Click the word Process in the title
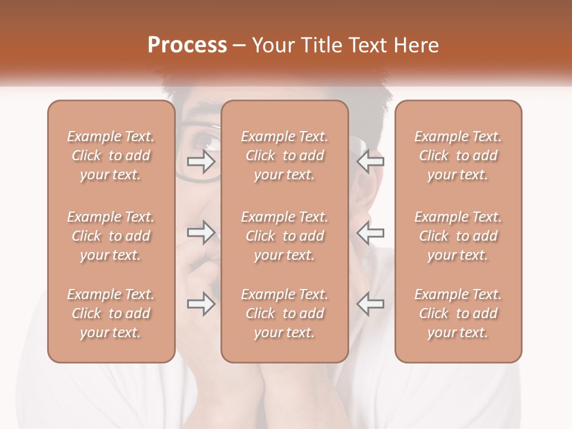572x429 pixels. click(187, 45)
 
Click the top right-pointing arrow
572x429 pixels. click(201, 161)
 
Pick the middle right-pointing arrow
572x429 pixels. click(201, 232)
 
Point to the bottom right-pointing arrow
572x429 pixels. click(201, 303)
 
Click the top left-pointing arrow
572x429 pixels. click(370, 161)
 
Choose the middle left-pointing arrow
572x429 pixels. click(370, 232)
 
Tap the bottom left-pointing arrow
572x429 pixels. click(370, 303)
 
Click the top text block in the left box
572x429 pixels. click(111, 156)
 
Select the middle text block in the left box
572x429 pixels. click(111, 236)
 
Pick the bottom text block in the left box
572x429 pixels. click(111, 313)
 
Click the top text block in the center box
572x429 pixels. click(285, 156)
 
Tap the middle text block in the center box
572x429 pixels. click(285, 236)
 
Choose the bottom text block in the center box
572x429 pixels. click(285, 313)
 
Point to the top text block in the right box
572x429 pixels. click(458, 156)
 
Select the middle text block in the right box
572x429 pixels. click(458, 236)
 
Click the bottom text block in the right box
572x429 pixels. click(458, 313)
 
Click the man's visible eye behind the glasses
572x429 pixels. click(206, 142)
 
